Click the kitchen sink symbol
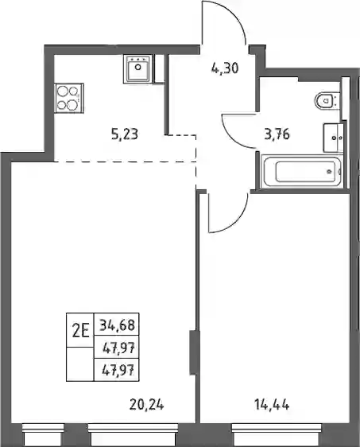pos(138,68)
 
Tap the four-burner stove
pos(69,98)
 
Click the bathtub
pos(302,171)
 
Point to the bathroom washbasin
pos(334,138)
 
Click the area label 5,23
pos(125,134)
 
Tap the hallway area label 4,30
pos(225,68)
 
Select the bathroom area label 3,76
pos(277,134)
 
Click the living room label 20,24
pos(147,404)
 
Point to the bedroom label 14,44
pos(272,404)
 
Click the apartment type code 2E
pos(81,331)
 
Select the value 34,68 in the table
pos(117,325)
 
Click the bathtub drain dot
pos(330,172)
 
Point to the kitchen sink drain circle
pos(138,67)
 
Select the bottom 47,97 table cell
pos(117,371)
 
